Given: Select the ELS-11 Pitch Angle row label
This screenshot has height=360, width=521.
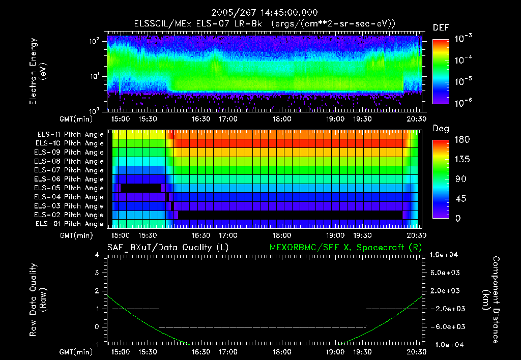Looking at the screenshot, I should (x=70, y=135).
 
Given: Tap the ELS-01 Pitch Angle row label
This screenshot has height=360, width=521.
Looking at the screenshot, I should (x=70, y=224).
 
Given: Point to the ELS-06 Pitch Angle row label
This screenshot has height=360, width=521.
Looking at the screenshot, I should (x=70, y=179).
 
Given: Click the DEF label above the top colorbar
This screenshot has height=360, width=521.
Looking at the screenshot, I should (x=440, y=27).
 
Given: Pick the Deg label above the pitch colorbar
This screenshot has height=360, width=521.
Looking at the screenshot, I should (x=440, y=129).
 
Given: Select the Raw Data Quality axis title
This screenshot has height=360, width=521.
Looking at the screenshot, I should (x=38, y=300).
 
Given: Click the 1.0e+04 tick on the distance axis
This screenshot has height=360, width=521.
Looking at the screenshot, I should (x=446, y=255).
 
